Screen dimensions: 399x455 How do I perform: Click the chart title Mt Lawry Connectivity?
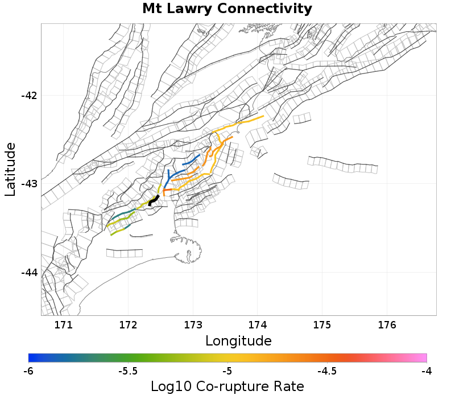227,9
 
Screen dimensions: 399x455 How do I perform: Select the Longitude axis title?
238,341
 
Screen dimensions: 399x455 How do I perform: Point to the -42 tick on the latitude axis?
29,95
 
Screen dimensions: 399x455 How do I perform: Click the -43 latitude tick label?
29,184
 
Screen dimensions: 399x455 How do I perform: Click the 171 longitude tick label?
63,325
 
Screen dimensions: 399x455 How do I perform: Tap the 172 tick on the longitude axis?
128,325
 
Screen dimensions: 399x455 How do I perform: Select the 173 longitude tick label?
193,325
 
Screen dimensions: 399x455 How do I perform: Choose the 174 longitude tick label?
258,325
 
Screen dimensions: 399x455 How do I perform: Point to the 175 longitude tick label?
322,325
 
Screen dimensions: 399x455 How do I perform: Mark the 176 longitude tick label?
387,325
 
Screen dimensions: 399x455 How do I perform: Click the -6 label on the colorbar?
28,371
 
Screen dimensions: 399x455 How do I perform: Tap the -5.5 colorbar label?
128,371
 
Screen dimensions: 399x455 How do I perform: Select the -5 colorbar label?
227,371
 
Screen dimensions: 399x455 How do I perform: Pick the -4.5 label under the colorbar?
326,371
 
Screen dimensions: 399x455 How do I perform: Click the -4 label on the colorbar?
427,371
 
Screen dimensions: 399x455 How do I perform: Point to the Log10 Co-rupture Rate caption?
227,386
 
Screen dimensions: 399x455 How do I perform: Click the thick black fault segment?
153,200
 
